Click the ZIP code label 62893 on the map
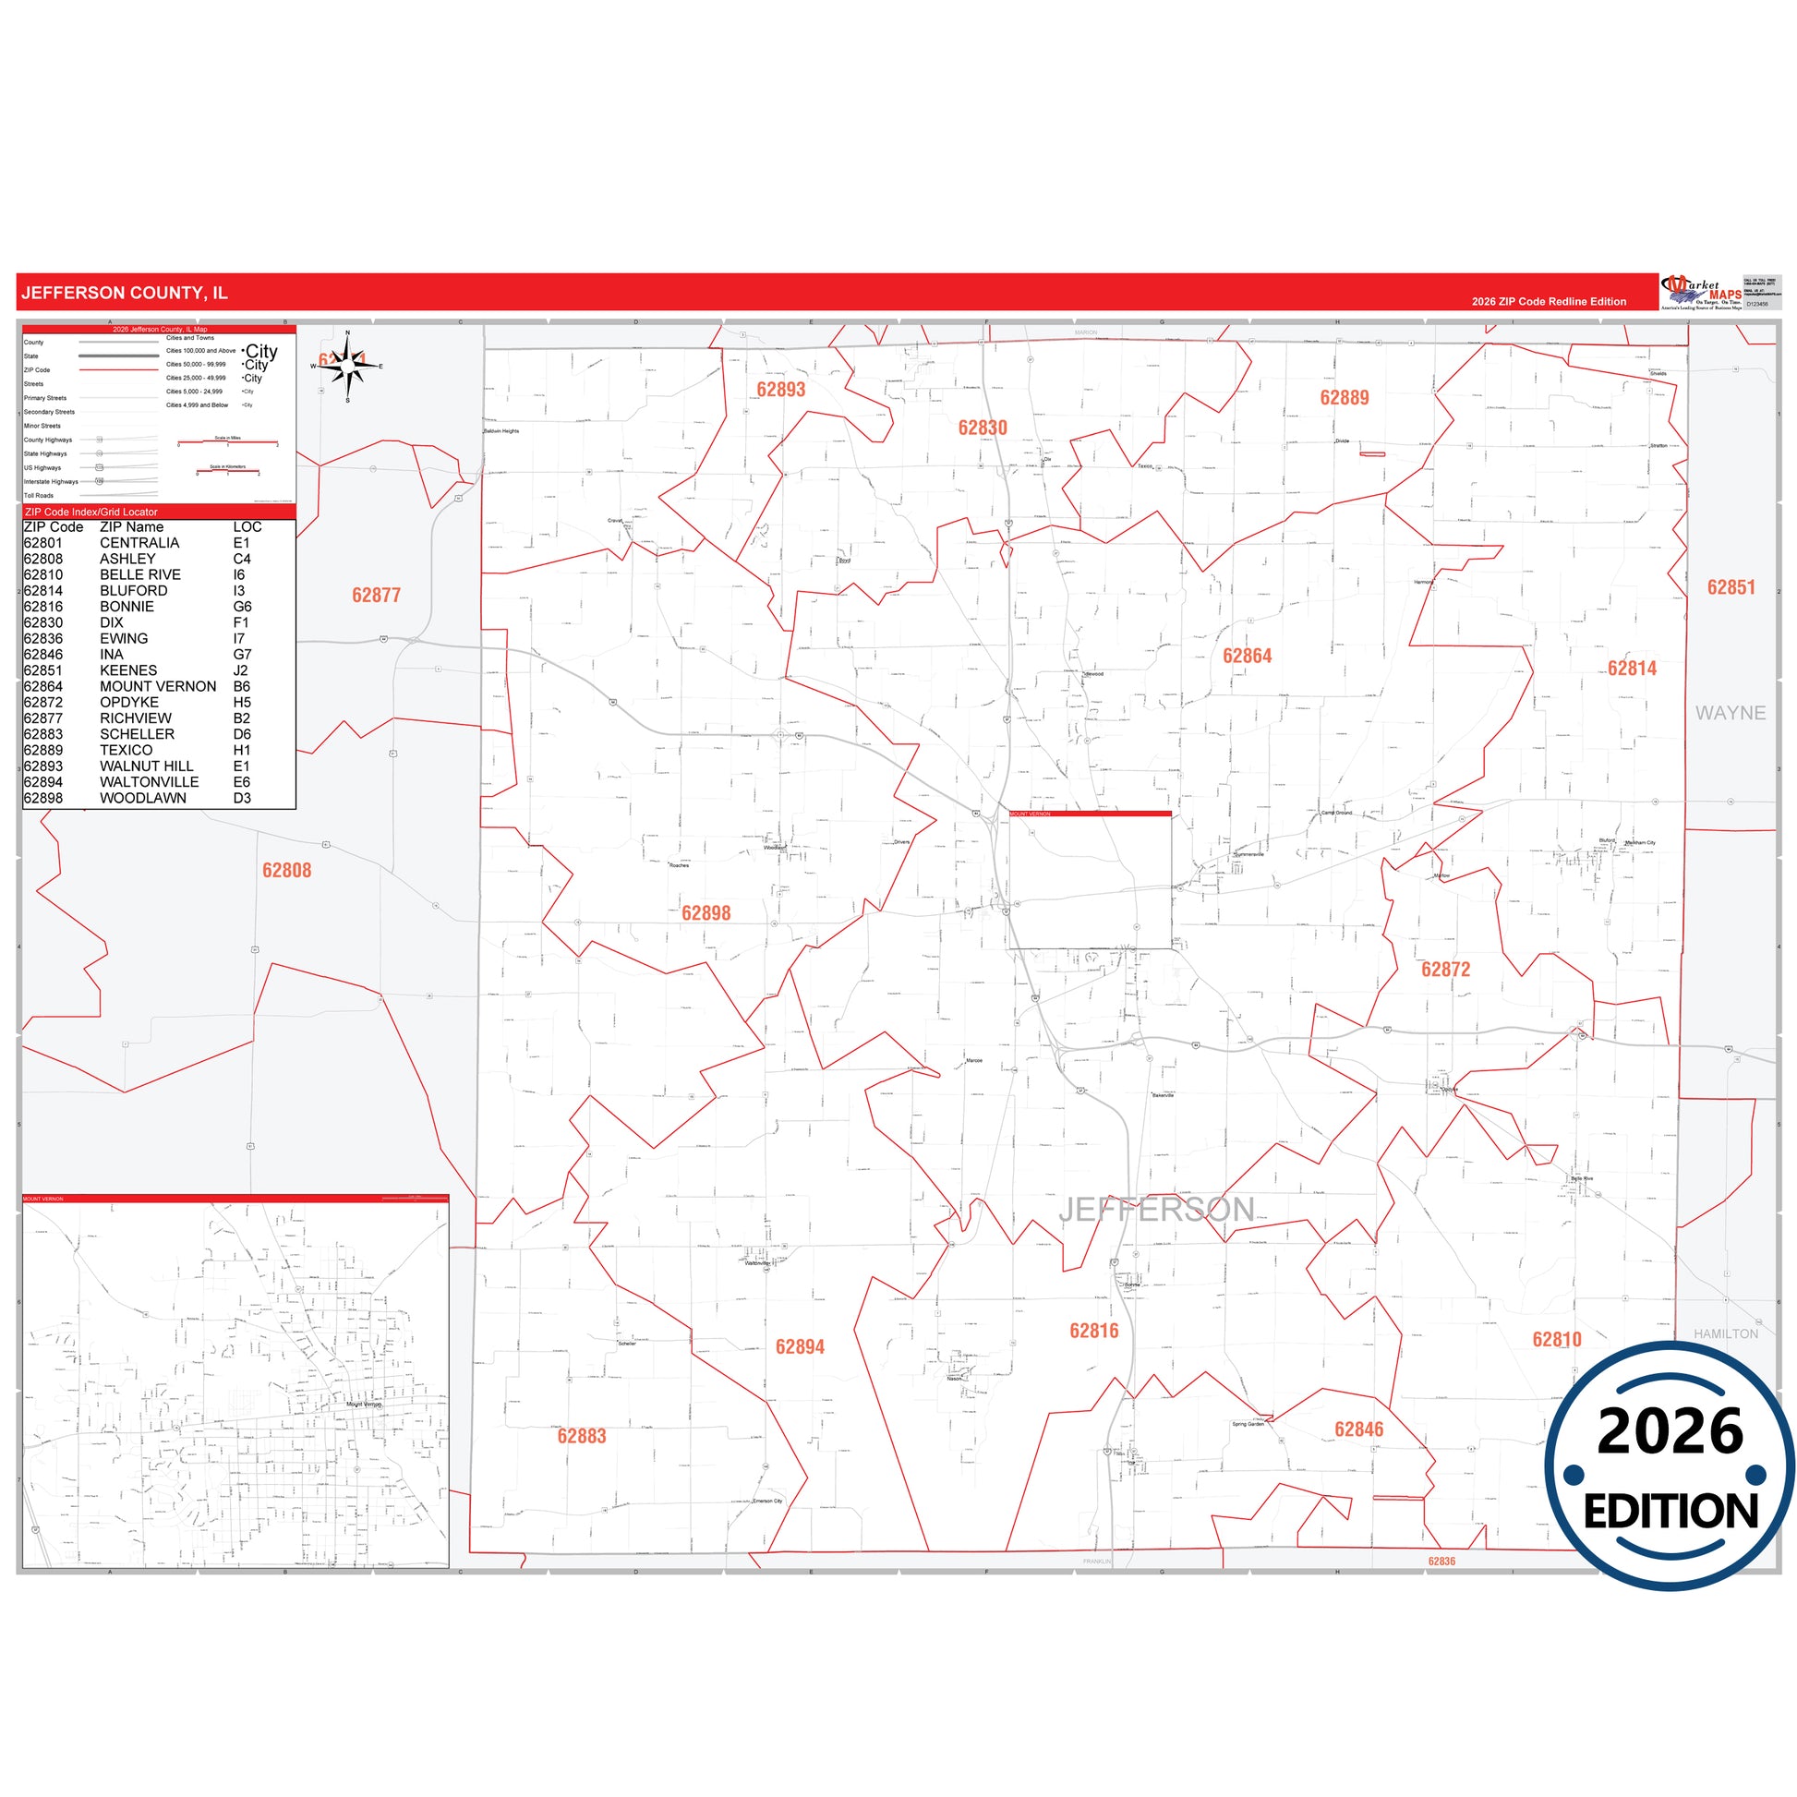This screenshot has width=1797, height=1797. click(x=780, y=390)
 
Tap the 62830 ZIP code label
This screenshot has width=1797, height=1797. click(x=983, y=428)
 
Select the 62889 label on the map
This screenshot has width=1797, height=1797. click(x=1344, y=398)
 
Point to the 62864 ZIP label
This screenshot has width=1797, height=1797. click(x=1247, y=656)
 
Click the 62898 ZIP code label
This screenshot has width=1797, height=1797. click(x=706, y=913)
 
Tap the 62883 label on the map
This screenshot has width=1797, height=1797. click(x=582, y=1436)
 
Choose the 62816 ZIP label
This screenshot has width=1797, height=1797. click(x=1094, y=1331)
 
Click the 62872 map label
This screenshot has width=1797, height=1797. click(x=1445, y=970)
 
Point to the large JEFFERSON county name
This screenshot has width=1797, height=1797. click(x=1156, y=1209)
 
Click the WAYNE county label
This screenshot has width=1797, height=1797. click(x=1730, y=713)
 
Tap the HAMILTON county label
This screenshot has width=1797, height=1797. click(x=1725, y=1333)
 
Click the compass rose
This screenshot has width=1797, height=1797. click(x=348, y=367)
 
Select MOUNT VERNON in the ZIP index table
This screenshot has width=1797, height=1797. click(x=158, y=686)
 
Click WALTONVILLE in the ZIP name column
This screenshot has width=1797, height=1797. click(x=149, y=782)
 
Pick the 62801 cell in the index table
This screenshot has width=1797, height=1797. click(x=42, y=543)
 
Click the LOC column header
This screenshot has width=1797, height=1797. click(x=247, y=527)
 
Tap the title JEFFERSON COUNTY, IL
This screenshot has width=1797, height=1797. click(x=124, y=293)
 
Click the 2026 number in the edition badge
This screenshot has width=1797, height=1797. click(x=1670, y=1431)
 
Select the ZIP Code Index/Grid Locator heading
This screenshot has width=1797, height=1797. click(x=91, y=513)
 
